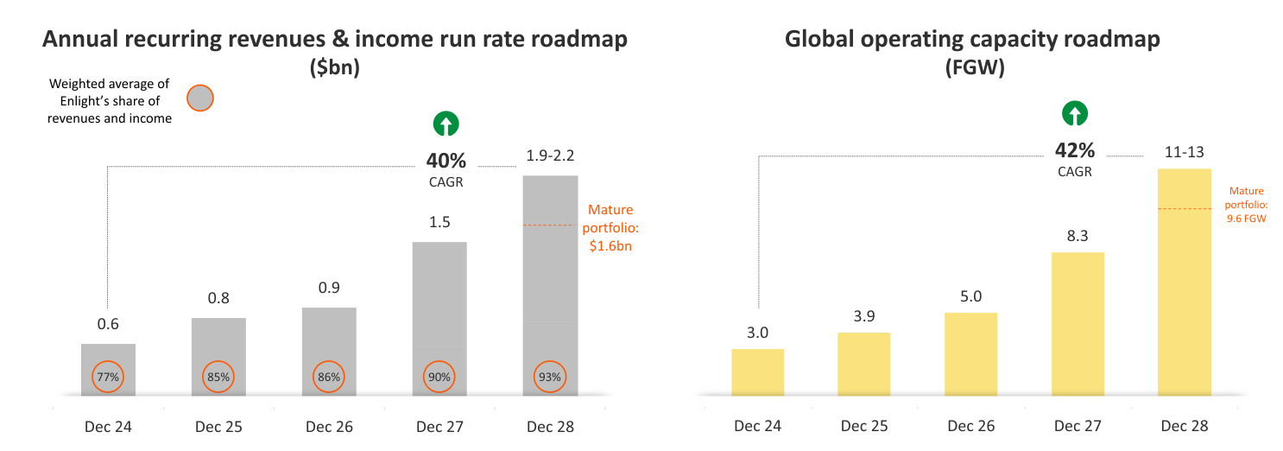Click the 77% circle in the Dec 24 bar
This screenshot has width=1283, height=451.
108,377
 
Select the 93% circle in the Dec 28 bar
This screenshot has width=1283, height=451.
550,377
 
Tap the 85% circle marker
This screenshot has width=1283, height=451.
218,377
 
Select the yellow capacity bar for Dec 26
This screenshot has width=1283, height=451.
970,354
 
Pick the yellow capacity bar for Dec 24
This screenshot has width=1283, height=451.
757,372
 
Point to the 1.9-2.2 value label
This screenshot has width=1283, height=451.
550,156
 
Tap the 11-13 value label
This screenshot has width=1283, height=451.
1185,151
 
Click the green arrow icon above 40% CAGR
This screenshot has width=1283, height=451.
446,125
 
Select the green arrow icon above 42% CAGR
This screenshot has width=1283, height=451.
1074,114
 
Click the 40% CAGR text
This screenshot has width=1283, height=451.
446,168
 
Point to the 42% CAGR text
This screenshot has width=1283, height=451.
1074,156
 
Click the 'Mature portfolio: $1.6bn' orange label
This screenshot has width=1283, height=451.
610,227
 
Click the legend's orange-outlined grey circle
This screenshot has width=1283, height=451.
199,98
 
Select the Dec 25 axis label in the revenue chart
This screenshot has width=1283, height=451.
218,426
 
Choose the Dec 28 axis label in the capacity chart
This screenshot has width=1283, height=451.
1185,426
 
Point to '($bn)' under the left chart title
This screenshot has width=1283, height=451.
334,69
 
